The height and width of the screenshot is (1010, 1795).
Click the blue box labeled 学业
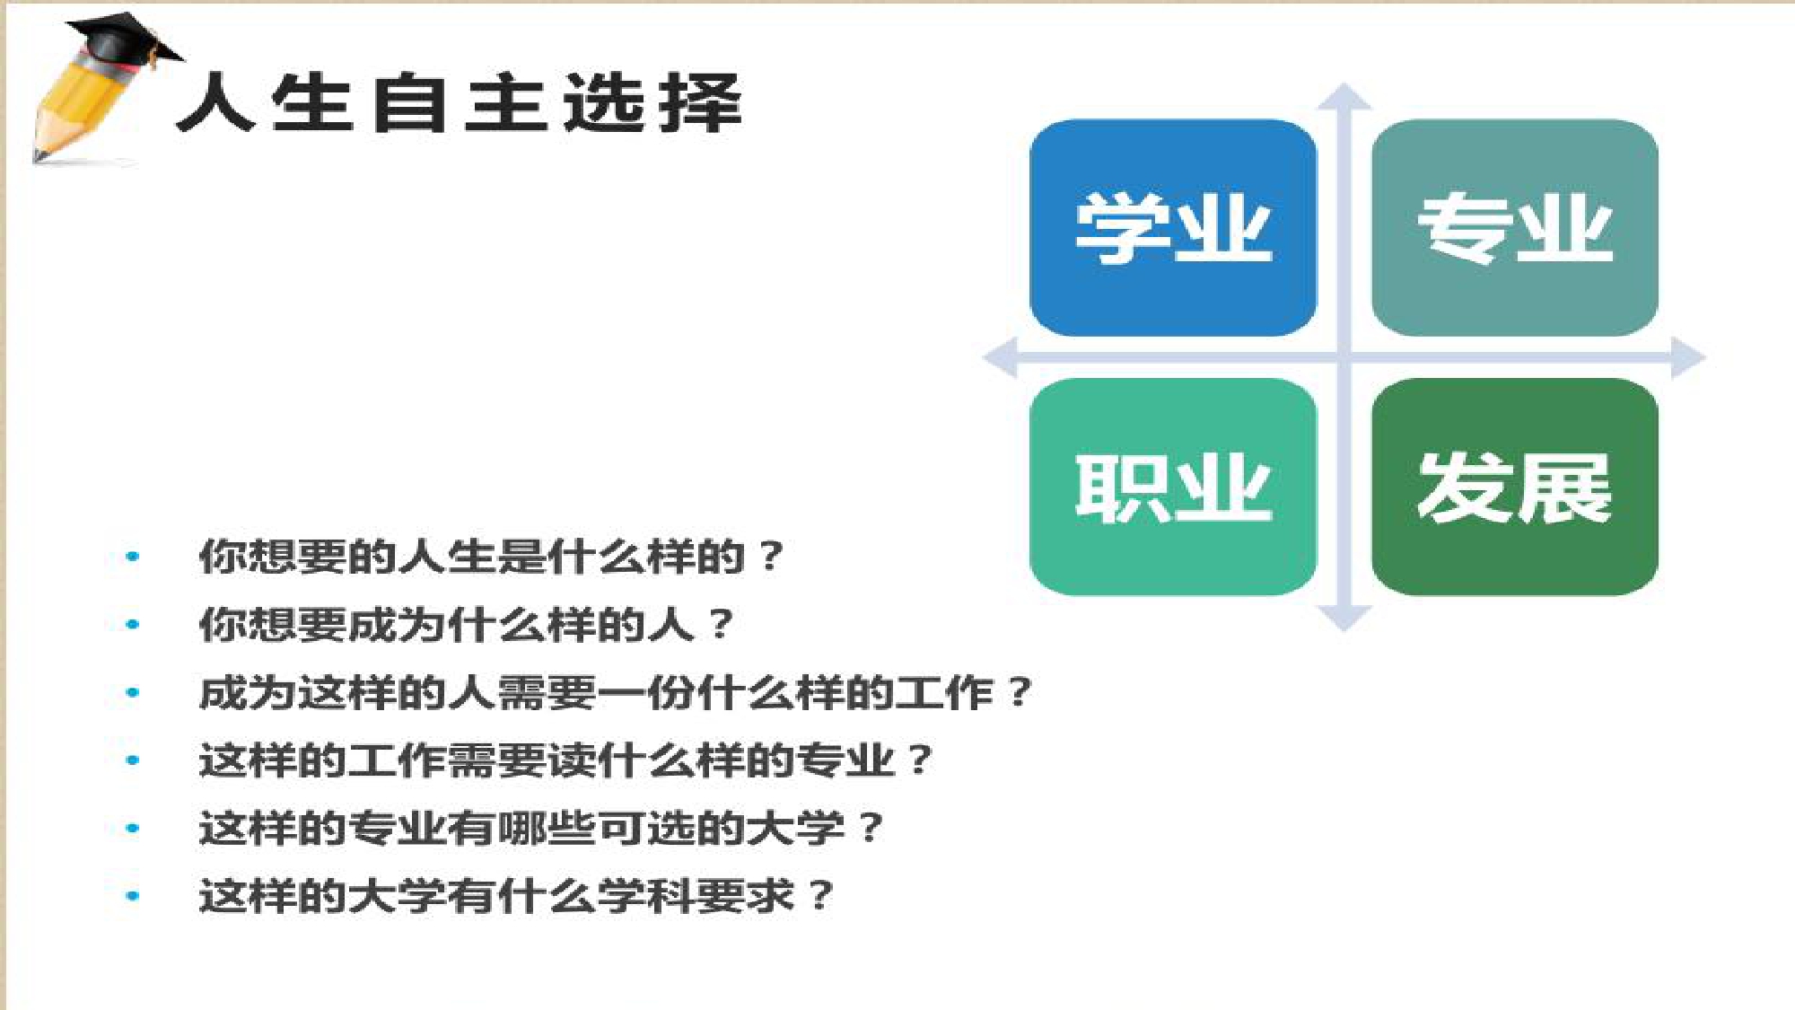click(x=1173, y=228)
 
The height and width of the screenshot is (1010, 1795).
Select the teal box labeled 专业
click(x=1515, y=228)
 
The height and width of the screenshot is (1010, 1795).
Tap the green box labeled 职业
click(x=1173, y=487)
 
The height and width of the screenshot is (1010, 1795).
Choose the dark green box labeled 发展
click(x=1515, y=487)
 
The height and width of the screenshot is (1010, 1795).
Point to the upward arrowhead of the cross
click(x=1344, y=97)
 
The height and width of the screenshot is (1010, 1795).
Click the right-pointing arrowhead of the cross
click(x=1688, y=357)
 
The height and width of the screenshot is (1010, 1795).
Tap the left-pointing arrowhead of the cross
click(x=1000, y=357)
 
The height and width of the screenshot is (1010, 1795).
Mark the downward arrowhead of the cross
click(x=1344, y=619)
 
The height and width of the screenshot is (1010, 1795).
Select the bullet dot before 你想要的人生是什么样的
click(x=133, y=557)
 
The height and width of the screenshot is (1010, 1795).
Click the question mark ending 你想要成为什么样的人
click(x=721, y=625)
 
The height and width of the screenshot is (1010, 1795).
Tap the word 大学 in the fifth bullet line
click(x=796, y=828)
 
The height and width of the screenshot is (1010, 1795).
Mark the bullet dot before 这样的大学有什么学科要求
click(x=133, y=896)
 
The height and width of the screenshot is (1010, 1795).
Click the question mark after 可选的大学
click(x=871, y=828)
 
